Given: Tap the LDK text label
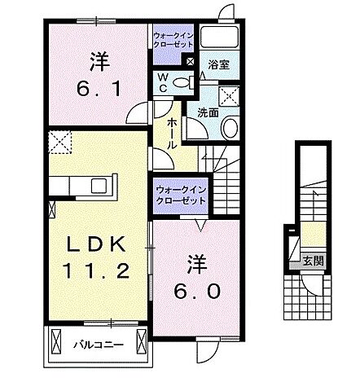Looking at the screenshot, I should [x=95, y=244].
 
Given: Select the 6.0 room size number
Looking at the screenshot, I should [x=195, y=289].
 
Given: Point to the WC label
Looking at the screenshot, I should [x=163, y=83].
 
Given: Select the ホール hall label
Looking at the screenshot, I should [x=173, y=131].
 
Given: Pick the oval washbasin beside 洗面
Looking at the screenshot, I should [x=230, y=128].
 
